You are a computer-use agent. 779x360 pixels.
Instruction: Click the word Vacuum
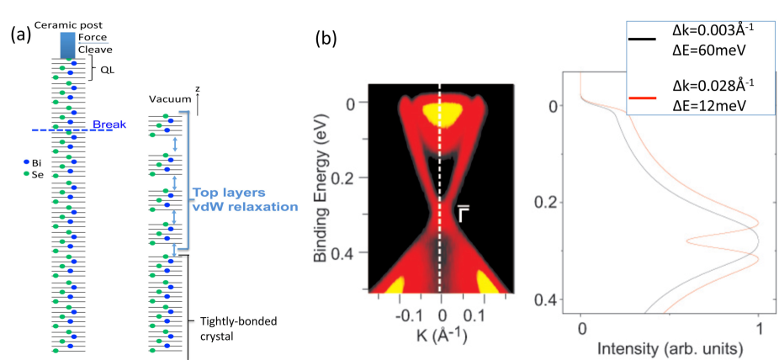[x=165, y=99]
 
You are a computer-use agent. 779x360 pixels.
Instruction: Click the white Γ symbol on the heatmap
[x=463, y=213]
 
